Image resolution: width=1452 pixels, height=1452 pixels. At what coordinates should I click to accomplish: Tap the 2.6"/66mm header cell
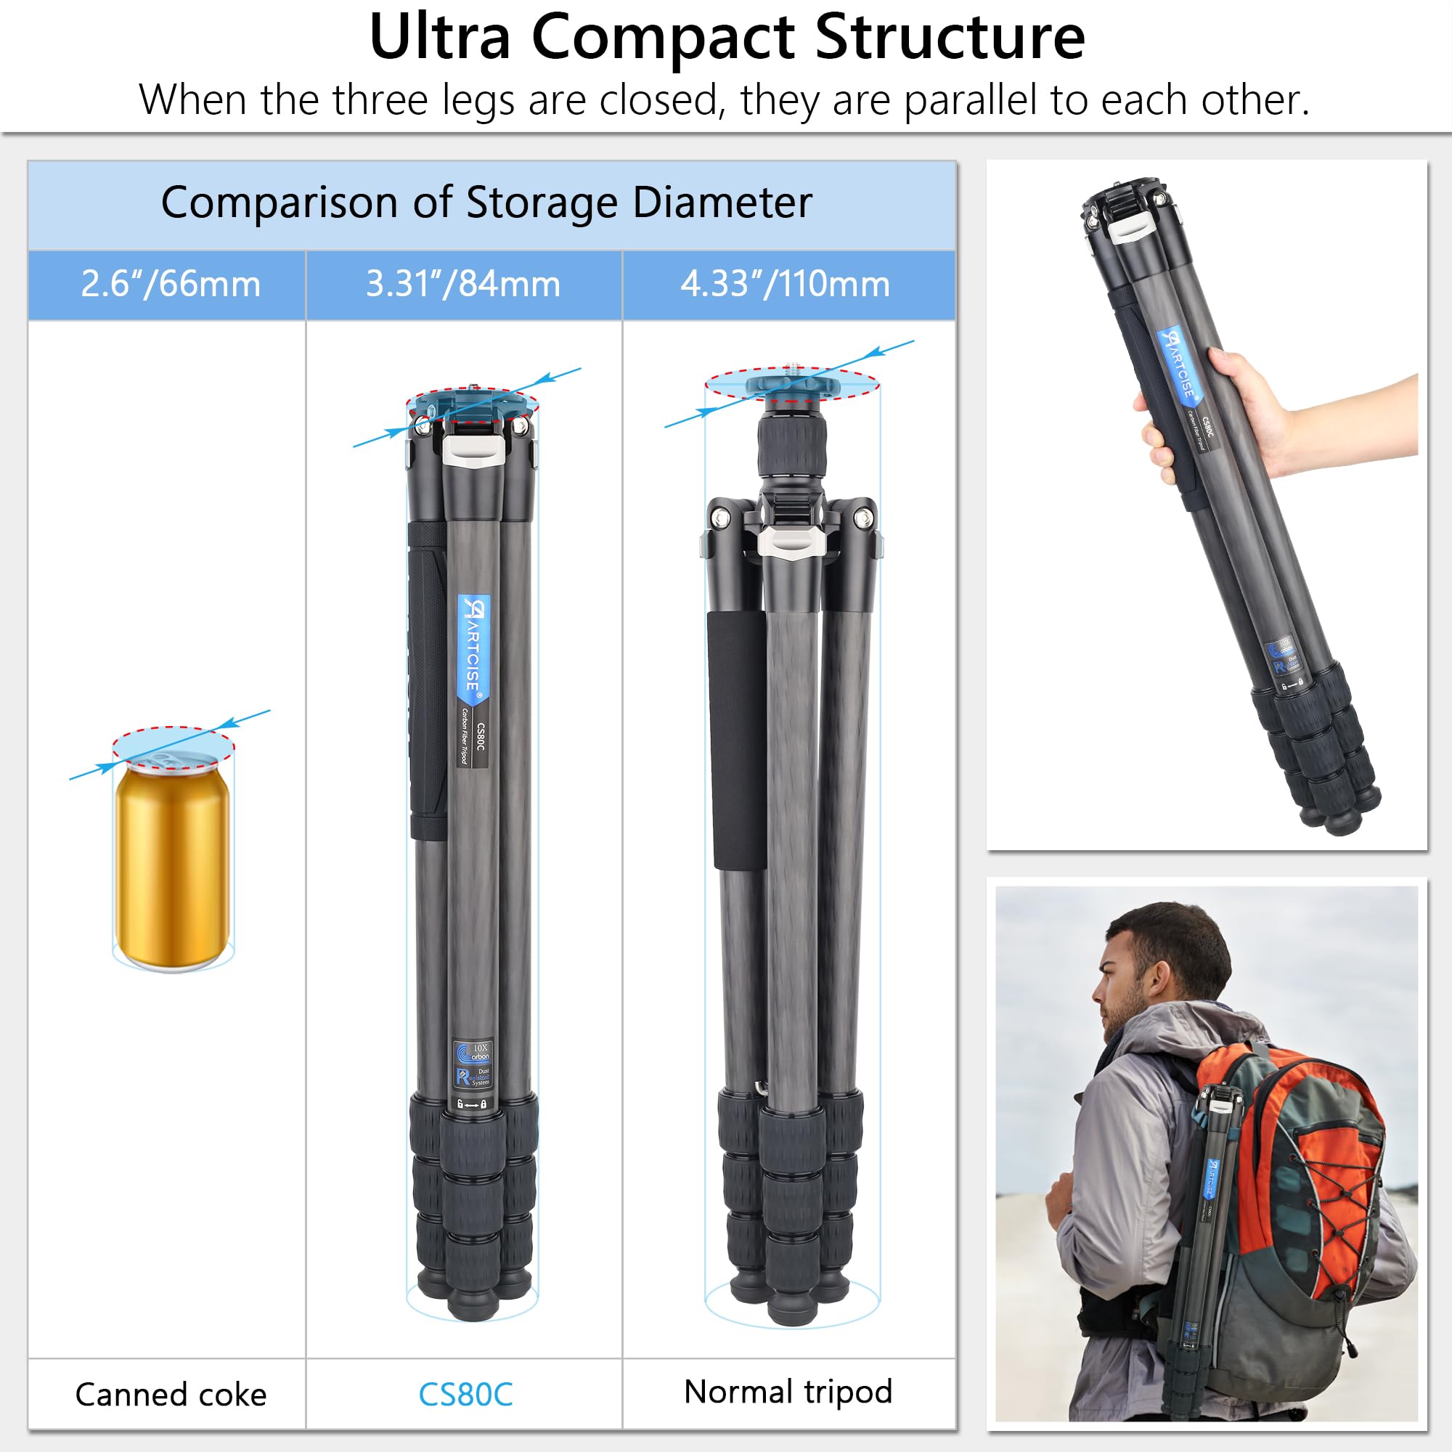pyautogui.click(x=171, y=284)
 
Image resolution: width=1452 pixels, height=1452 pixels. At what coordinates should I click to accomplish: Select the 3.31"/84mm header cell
pyautogui.click(x=463, y=284)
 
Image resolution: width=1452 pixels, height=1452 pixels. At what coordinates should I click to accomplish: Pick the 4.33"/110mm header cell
pyautogui.click(x=785, y=284)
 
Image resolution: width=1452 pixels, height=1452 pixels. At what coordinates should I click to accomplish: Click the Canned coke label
pyautogui.click(x=171, y=1394)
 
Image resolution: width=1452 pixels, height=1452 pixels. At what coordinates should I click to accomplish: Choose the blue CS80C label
pyautogui.click(x=465, y=1394)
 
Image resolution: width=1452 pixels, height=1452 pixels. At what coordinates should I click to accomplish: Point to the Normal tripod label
pyautogui.click(x=788, y=1391)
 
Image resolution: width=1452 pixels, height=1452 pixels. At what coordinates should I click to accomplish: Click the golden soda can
pyautogui.click(x=173, y=864)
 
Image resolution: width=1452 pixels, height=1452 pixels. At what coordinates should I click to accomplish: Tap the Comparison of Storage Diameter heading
pyautogui.click(x=486, y=203)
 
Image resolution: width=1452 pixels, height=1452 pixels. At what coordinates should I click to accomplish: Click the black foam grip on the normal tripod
pyautogui.click(x=736, y=741)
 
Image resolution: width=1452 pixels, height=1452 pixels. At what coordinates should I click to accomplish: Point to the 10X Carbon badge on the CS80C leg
pyautogui.click(x=473, y=1050)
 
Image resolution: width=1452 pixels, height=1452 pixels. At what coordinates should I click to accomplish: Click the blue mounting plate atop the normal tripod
pyautogui.click(x=791, y=385)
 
